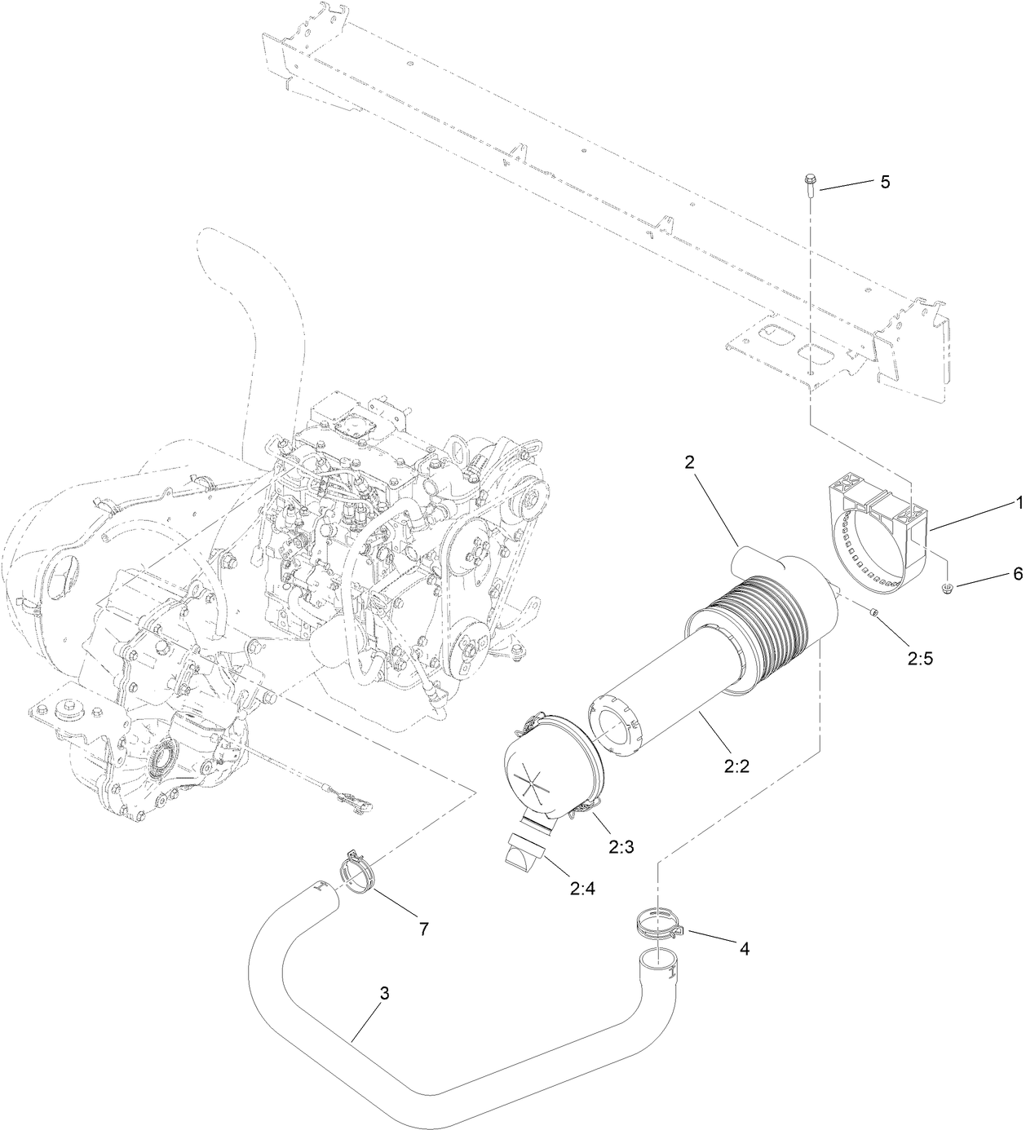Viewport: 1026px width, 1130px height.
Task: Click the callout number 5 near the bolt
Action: pos(884,182)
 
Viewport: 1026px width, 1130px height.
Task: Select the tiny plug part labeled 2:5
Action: pos(874,612)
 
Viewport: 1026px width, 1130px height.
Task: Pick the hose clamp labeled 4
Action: pos(657,925)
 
